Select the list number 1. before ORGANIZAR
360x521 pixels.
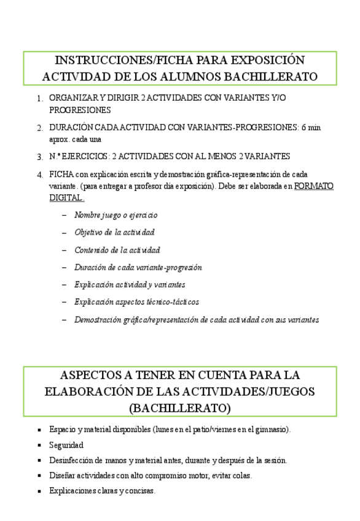pos(39,98)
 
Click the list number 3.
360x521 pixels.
pos(39,157)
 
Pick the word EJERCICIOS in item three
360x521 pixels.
pos(87,157)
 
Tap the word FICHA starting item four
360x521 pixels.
pos(60,174)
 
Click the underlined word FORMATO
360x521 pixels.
pos(314,186)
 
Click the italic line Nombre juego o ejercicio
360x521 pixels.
pos(115,216)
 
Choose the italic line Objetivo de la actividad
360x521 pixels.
pos(114,233)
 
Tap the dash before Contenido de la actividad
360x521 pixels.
pos(65,251)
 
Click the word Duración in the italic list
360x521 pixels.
pos(90,268)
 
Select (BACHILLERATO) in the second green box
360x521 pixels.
pos(179,408)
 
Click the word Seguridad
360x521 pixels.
pos(66,445)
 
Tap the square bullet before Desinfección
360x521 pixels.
pos(40,460)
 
